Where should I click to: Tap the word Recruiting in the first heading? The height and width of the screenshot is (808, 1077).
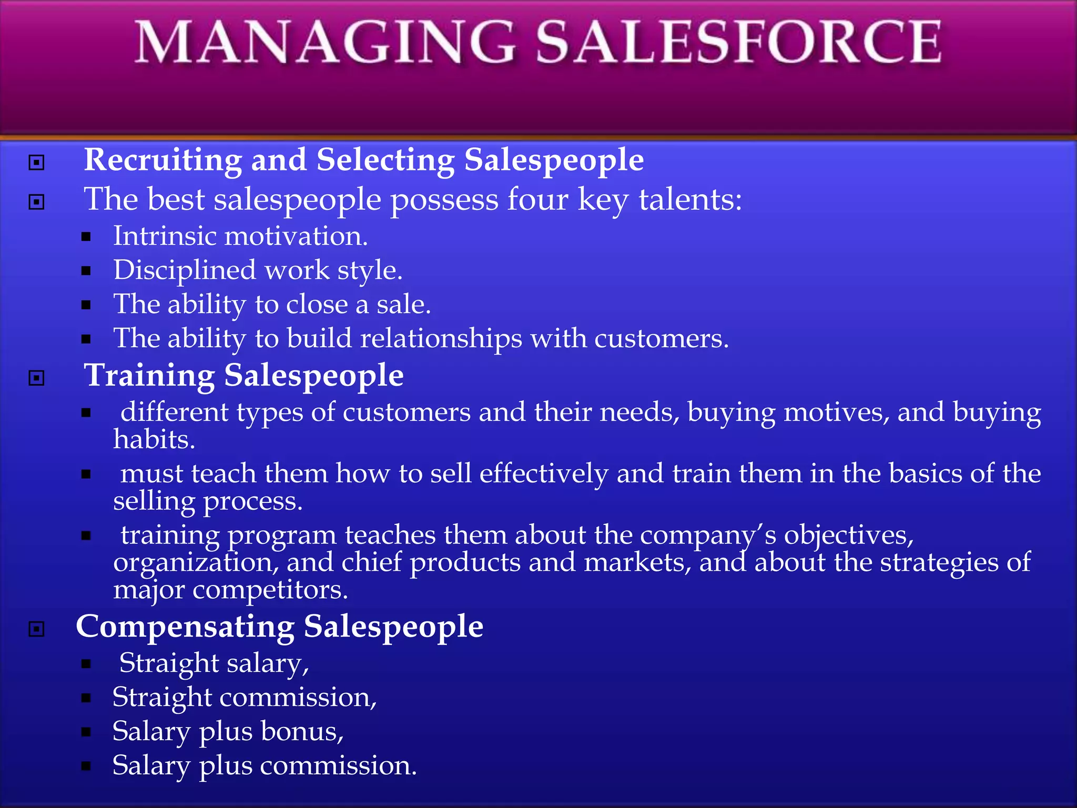[162, 160]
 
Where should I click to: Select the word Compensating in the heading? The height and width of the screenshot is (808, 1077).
[185, 627]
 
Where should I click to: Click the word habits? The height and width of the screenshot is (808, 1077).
[154, 440]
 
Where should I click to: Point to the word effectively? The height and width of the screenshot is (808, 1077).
[544, 474]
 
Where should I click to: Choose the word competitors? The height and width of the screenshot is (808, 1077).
[270, 590]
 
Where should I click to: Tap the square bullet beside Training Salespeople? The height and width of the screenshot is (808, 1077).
[36, 378]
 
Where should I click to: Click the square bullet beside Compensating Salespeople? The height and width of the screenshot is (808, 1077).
[36, 629]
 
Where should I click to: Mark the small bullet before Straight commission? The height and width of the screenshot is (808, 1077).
[86, 698]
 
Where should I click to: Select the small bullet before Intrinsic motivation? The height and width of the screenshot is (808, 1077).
[86, 237]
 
